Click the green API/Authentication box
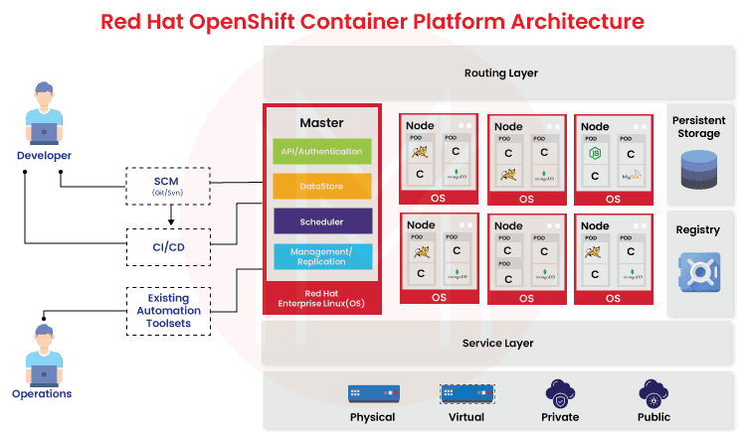321,151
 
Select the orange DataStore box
321,186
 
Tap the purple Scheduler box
321,221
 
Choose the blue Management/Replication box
321,256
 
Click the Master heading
321,123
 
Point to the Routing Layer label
500,72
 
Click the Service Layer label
498,344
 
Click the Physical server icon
373,393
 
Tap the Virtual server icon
466,393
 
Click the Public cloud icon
653,391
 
